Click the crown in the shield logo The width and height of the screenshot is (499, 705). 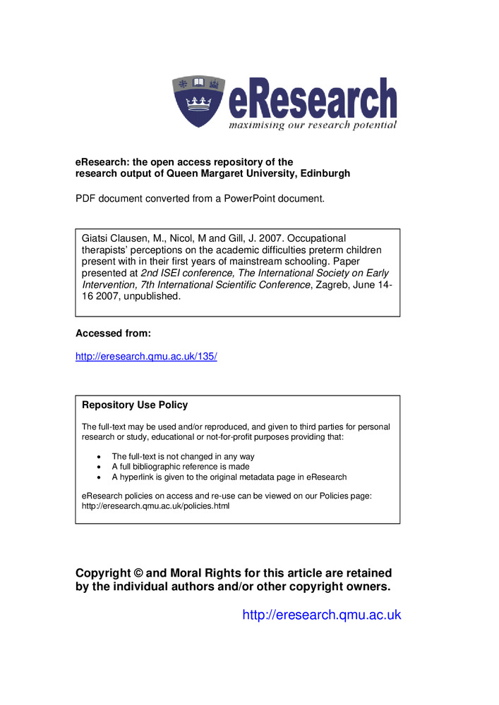[x=199, y=104]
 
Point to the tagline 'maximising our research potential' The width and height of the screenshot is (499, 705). [x=312, y=125]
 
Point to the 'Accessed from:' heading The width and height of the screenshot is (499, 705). [x=113, y=333]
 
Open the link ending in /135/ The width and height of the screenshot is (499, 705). [x=146, y=356]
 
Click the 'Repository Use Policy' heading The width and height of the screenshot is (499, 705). [x=135, y=405]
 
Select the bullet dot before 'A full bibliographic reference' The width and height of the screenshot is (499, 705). [x=98, y=467]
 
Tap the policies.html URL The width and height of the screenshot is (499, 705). [x=156, y=505]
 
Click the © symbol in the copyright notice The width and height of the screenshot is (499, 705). [x=138, y=573]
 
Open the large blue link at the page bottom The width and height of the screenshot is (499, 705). [x=321, y=615]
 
